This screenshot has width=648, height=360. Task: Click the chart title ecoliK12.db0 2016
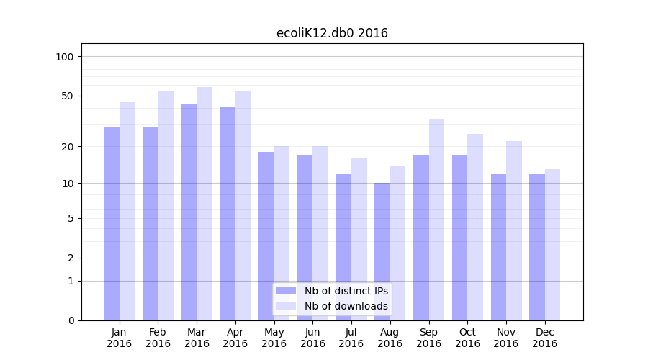tap(332, 33)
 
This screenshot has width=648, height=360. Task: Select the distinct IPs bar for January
tap(112, 223)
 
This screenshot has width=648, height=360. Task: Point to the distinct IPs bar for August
tap(382, 251)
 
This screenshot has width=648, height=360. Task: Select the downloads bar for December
tap(552, 245)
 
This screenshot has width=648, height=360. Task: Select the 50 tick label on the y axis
tap(68, 96)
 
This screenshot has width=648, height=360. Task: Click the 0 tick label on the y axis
tap(71, 320)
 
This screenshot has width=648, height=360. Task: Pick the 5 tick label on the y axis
tap(71, 218)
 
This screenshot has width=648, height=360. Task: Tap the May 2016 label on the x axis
tap(274, 338)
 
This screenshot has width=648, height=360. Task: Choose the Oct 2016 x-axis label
tap(467, 338)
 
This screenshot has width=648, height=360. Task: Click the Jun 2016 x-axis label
tap(312, 338)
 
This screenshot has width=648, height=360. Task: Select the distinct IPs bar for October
tap(459, 238)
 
